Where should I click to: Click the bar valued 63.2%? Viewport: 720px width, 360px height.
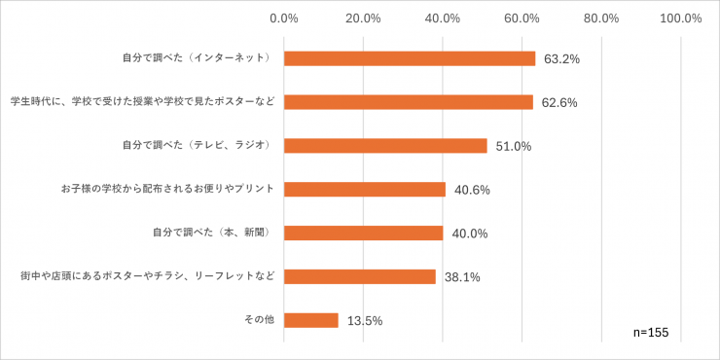point(410,58)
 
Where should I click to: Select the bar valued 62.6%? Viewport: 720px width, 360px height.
point(409,102)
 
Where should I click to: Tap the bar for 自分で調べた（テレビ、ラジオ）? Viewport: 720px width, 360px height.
point(385,146)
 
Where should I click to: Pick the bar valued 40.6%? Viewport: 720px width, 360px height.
point(365,190)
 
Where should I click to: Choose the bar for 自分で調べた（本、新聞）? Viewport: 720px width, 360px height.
point(364,234)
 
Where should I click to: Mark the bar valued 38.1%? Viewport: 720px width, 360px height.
point(360,276)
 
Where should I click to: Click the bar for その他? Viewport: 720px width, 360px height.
point(311,320)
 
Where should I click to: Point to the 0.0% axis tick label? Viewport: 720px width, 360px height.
point(284,18)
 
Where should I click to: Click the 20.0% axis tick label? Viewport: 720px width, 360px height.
point(363,18)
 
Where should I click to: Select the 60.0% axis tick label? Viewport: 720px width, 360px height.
point(522,18)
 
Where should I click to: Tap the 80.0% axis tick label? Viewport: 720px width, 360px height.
point(602,18)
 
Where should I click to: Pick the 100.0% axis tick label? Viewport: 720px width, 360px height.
point(680,18)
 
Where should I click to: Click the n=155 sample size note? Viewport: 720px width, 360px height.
point(650,333)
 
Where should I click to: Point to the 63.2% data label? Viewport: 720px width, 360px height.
point(561,59)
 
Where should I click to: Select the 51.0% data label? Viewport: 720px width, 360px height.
point(513,147)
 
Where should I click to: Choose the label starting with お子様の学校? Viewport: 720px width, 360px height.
point(168,190)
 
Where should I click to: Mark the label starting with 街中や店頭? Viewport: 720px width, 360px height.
point(148,276)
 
